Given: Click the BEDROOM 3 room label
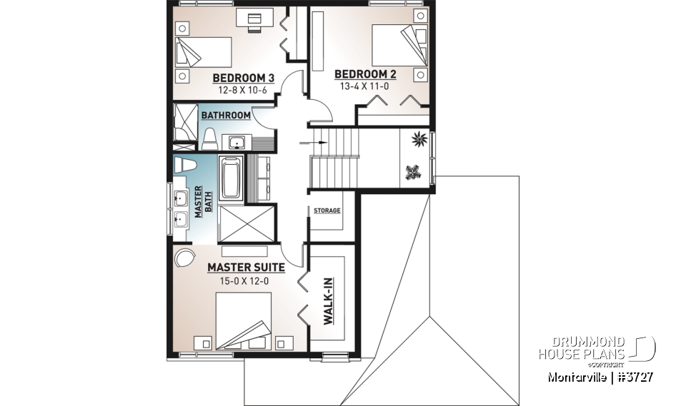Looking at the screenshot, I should pos(243,78).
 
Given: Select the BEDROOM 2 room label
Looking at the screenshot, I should pos(365,73).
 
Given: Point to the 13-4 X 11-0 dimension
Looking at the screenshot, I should pos(365,85).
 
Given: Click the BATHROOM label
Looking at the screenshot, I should pos(225,115).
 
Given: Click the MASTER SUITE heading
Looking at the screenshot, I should pos(246,268).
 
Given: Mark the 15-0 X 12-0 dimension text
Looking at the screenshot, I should pos(245,280).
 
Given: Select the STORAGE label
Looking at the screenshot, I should pos(327,210).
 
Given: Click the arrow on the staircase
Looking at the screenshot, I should pos(319,142).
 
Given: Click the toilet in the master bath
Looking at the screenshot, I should pos(185,165).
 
